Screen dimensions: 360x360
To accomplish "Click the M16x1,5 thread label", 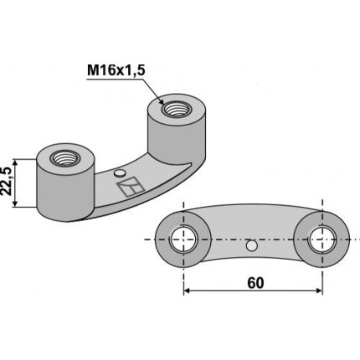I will [x=116, y=71].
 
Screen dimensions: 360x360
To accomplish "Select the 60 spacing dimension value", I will [x=255, y=283].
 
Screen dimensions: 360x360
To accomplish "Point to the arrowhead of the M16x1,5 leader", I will [x=172, y=104].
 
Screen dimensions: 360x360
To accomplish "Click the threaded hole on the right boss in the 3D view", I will [x=177, y=108].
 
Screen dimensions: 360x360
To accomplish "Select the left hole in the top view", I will [x=183, y=239].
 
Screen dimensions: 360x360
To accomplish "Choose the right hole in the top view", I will [x=321, y=239].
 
